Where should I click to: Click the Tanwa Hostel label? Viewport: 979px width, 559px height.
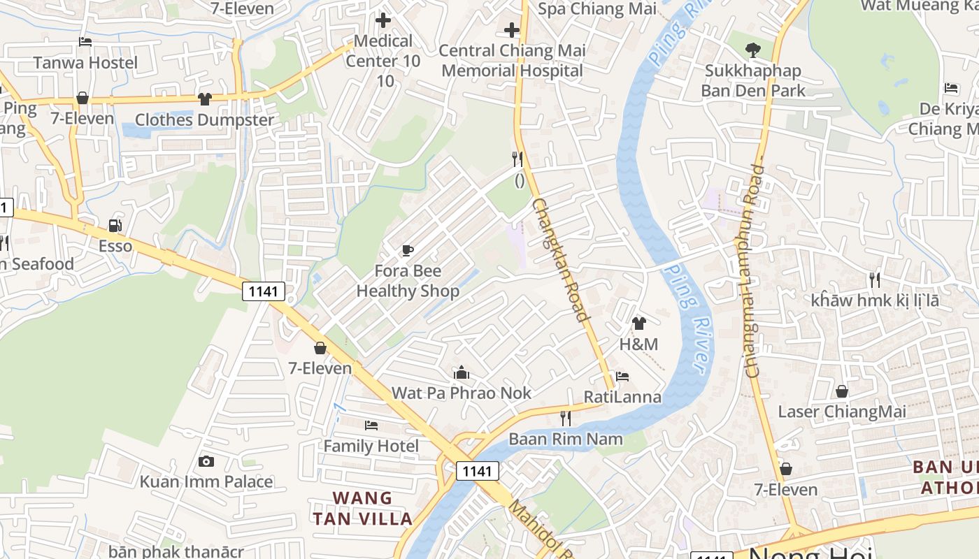point(86,62)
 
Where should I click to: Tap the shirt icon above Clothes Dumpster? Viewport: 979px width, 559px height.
point(204,99)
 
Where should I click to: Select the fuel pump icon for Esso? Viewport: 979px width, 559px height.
point(115,226)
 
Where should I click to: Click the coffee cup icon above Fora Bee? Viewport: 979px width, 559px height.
point(408,250)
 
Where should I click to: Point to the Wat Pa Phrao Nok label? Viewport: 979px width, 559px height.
point(461,393)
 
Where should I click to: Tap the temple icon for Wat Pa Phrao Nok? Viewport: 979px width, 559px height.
point(461,372)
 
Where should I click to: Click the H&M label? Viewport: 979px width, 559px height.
point(638,344)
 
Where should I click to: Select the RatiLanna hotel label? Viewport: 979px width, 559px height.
point(622,397)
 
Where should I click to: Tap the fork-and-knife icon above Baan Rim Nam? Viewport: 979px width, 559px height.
point(566,419)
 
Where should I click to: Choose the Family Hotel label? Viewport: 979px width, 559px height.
point(371,446)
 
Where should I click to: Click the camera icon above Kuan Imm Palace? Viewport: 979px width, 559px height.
point(206,461)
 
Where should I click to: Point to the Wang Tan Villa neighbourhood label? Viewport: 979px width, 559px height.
point(362,508)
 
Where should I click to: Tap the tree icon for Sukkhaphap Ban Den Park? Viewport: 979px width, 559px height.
point(752,50)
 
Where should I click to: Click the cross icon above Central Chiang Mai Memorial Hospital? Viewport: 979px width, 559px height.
point(512,30)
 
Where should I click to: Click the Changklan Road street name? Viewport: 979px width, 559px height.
point(560,259)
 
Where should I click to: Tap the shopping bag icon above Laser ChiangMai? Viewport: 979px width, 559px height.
point(842,391)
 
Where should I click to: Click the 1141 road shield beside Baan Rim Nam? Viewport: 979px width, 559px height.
point(477,471)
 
